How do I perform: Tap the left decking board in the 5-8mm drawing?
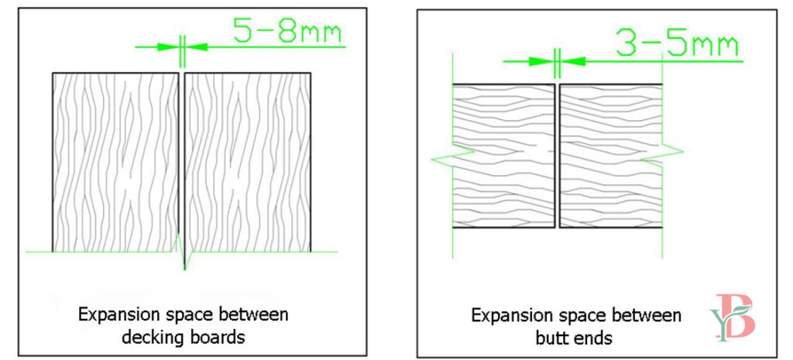click(x=115, y=162)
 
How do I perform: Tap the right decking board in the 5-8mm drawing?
click(x=248, y=162)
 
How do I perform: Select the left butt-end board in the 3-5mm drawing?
click(x=503, y=156)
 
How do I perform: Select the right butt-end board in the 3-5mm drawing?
click(x=610, y=156)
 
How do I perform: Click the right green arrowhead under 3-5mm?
click(x=569, y=60)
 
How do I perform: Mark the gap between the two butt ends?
click(x=557, y=156)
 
